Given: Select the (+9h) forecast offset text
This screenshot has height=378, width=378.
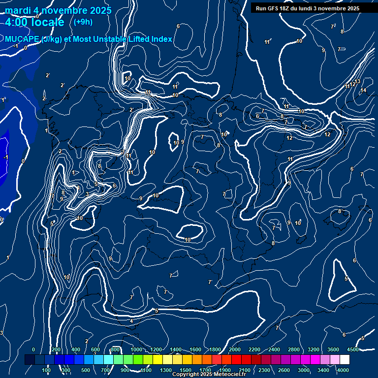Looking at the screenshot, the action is click(83, 22).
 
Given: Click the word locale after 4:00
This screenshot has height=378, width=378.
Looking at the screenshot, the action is click(47, 22).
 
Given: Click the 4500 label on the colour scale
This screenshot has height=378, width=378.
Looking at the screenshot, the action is click(352, 349).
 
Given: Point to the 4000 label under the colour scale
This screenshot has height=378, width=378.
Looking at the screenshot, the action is click(344, 370).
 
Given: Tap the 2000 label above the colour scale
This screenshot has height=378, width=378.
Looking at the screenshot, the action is click(235, 349).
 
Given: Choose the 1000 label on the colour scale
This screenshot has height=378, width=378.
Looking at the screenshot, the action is click(136, 349).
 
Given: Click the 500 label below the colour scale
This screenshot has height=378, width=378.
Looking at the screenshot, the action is click(85, 370).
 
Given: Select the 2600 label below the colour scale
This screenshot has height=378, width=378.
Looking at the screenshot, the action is click(284, 370).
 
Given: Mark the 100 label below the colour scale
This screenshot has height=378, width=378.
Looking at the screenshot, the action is click(46, 370).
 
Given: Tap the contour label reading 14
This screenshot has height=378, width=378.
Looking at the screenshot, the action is click(363, 91).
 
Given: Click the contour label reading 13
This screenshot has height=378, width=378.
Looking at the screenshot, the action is click(357, 81).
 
